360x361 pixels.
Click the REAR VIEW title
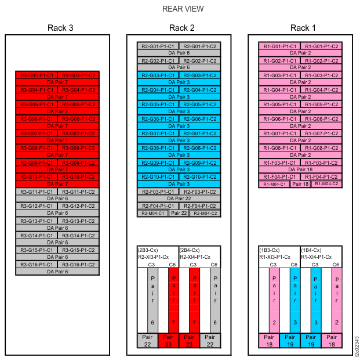coord(183,9)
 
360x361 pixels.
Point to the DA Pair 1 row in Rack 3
coord(57,140)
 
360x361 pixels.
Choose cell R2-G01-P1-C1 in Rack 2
coord(158,46)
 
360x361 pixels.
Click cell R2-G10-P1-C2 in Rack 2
coord(200,176)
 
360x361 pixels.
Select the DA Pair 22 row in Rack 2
coord(179,198)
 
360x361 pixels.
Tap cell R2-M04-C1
coord(152,213)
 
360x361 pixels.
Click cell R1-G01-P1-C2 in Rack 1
coord(321,46)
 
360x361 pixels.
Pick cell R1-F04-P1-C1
coord(280,176)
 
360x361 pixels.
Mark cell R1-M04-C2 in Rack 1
coord(326,184)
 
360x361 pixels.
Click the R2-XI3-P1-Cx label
coord(154,256)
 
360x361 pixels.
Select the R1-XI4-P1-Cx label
coord(316,256)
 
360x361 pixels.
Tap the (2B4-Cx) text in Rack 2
coord(190,250)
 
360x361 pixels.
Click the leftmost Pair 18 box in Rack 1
coord(268,340)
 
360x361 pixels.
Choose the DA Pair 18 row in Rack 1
coord(300,169)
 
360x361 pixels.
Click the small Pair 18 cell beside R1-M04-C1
coord(300,184)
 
